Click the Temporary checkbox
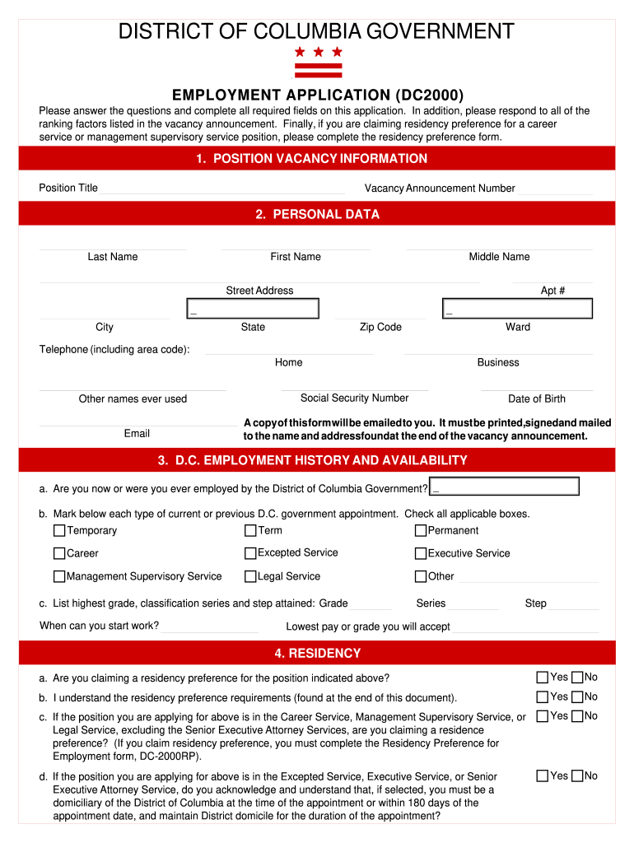point(59,530)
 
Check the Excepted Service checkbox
point(251,553)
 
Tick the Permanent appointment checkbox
point(421,531)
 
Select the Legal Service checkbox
point(251,576)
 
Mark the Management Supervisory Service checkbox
point(59,576)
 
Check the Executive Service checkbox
point(421,553)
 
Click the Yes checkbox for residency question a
point(542,678)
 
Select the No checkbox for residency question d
point(577,775)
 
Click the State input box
point(253,309)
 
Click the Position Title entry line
point(222,189)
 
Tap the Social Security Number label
point(354,398)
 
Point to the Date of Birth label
point(537,399)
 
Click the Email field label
point(137,434)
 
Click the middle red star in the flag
point(318,52)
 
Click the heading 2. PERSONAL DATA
point(317,214)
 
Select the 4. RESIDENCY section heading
point(317,654)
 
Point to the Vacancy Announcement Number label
point(440,189)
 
